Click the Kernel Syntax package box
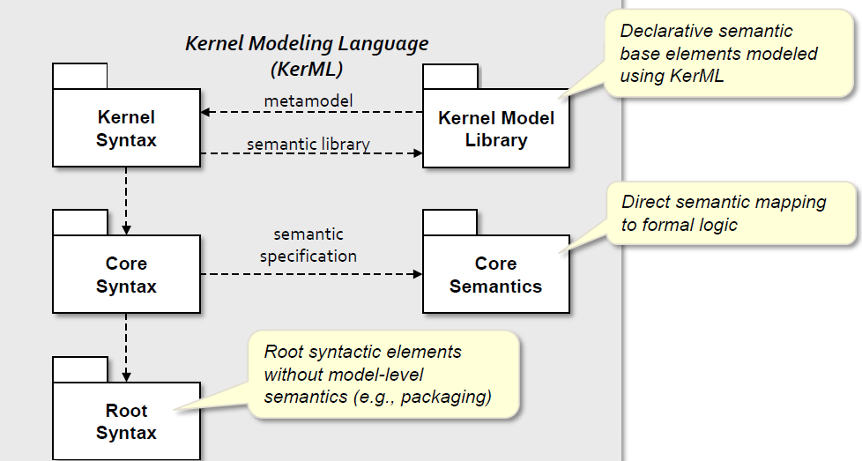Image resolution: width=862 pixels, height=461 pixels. [x=126, y=128]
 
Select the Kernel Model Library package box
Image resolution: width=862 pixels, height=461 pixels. [x=496, y=128]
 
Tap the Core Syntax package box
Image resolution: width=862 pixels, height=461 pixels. [x=126, y=274]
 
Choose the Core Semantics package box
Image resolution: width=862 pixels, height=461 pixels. [x=496, y=274]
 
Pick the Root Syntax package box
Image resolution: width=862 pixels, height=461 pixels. [x=126, y=420]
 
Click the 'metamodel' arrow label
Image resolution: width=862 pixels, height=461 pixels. [x=308, y=101]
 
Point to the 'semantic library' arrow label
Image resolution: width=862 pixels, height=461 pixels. [x=308, y=144]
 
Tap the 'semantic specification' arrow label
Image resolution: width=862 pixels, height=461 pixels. [x=308, y=245]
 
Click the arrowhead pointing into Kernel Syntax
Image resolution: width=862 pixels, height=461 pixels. [x=205, y=112]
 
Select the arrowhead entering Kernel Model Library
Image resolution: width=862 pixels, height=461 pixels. [x=418, y=153]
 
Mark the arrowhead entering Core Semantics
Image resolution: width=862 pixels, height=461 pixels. [x=418, y=273]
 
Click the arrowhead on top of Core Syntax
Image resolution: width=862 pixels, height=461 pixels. [x=126, y=230]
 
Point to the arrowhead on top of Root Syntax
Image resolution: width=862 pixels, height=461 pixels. [x=126, y=377]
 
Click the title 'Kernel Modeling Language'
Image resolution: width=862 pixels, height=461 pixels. [x=307, y=43]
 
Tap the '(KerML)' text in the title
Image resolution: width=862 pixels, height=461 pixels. [x=307, y=70]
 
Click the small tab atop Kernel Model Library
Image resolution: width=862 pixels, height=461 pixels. [x=450, y=77]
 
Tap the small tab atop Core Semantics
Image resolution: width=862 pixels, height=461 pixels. [x=450, y=222]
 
